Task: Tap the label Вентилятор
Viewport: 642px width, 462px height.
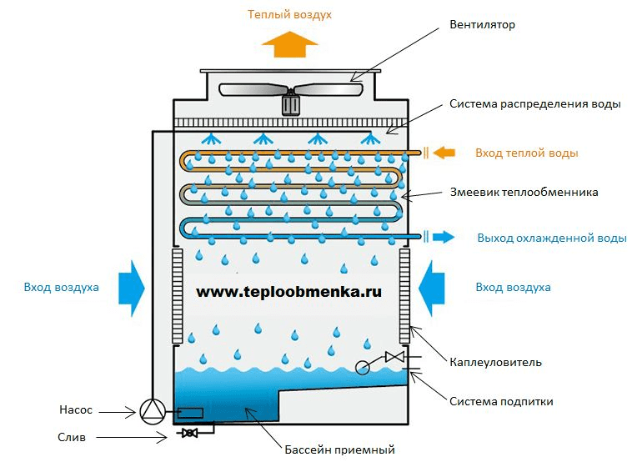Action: [x=483, y=25]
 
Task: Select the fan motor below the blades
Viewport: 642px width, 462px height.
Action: [x=290, y=104]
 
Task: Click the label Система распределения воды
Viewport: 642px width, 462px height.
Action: [x=535, y=105]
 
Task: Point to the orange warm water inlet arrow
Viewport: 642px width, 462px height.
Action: [x=444, y=153]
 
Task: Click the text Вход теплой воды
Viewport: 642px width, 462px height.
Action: [x=526, y=153]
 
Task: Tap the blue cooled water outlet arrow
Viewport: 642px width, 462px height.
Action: [x=443, y=236]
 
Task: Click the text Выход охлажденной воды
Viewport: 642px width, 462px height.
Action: [x=551, y=238]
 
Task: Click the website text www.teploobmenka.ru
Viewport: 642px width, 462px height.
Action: [x=289, y=294]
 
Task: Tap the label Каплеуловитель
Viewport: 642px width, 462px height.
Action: [x=495, y=362]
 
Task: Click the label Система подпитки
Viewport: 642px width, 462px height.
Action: [x=501, y=401]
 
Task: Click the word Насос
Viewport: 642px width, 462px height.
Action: [x=76, y=410]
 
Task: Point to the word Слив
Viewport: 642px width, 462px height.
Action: [x=73, y=437]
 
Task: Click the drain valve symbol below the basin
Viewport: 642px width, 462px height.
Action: [x=189, y=432]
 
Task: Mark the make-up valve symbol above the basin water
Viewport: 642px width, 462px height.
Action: [x=394, y=357]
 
